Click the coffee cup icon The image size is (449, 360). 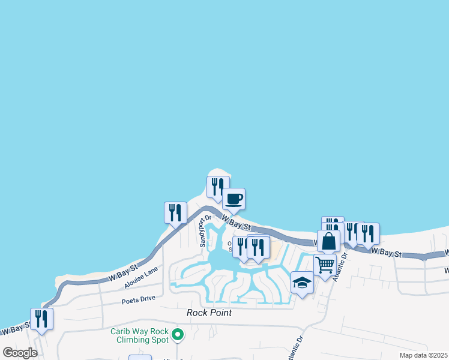click(234, 199)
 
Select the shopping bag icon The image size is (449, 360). click(329, 241)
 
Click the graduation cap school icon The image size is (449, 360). click(302, 282)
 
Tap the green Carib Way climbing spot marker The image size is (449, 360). click(177, 334)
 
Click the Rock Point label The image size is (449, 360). click(209, 313)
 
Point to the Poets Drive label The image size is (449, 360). click(138, 299)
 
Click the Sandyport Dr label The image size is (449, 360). click(203, 232)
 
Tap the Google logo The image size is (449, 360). click(20, 353)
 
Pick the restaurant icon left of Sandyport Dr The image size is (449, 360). click(175, 213)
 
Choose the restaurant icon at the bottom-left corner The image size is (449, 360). click(41, 318)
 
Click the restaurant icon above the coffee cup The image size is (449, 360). click(218, 186)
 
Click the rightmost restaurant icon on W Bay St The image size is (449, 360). click(368, 233)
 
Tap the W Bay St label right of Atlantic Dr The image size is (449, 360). click(387, 254)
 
